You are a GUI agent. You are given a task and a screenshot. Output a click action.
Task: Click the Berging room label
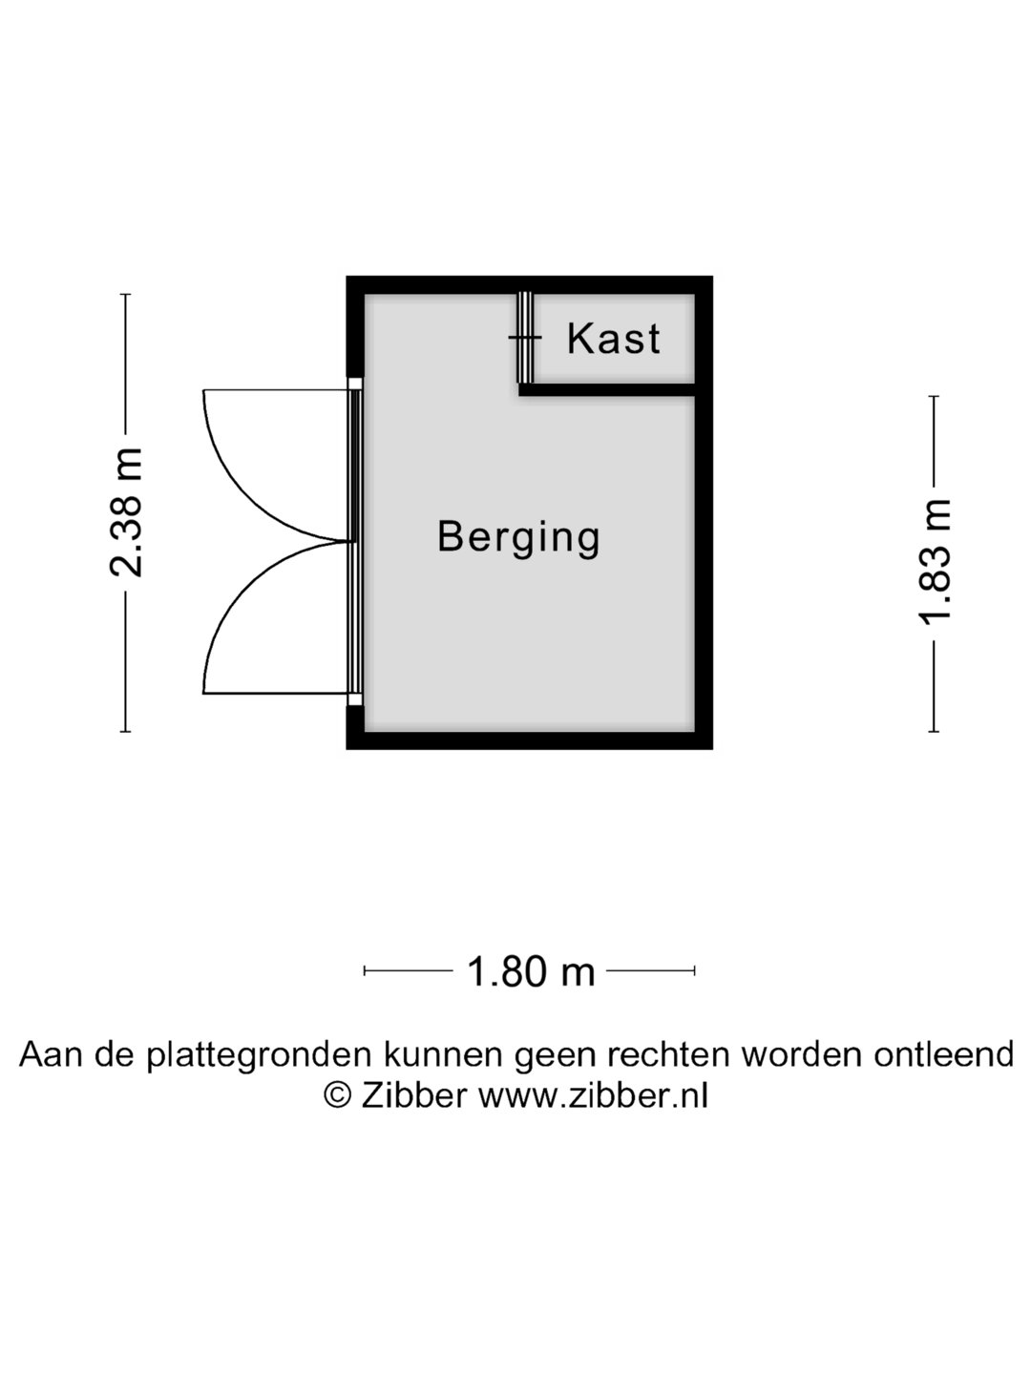click(518, 537)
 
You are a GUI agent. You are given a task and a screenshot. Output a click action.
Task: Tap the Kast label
click(613, 339)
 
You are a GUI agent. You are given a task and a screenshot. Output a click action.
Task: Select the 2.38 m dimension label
click(126, 512)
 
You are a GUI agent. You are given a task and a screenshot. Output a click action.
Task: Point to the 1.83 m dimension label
click(934, 564)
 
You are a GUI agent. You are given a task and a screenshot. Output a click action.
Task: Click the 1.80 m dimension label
click(530, 971)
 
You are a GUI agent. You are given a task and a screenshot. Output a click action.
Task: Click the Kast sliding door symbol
click(524, 338)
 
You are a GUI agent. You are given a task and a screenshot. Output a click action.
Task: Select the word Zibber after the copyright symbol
click(413, 1095)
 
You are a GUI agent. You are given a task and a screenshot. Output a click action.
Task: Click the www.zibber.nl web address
click(593, 1095)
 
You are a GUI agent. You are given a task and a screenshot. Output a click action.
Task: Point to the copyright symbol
click(337, 1095)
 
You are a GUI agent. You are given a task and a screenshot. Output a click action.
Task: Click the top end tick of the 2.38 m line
click(126, 294)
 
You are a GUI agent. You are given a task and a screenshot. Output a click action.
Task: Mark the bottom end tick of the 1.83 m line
click(934, 732)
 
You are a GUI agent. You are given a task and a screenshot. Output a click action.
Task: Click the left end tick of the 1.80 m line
click(365, 970)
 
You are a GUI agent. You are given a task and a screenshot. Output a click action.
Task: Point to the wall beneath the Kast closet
click(607, 389)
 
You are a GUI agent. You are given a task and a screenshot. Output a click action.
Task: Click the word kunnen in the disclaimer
click(443, 1054)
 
